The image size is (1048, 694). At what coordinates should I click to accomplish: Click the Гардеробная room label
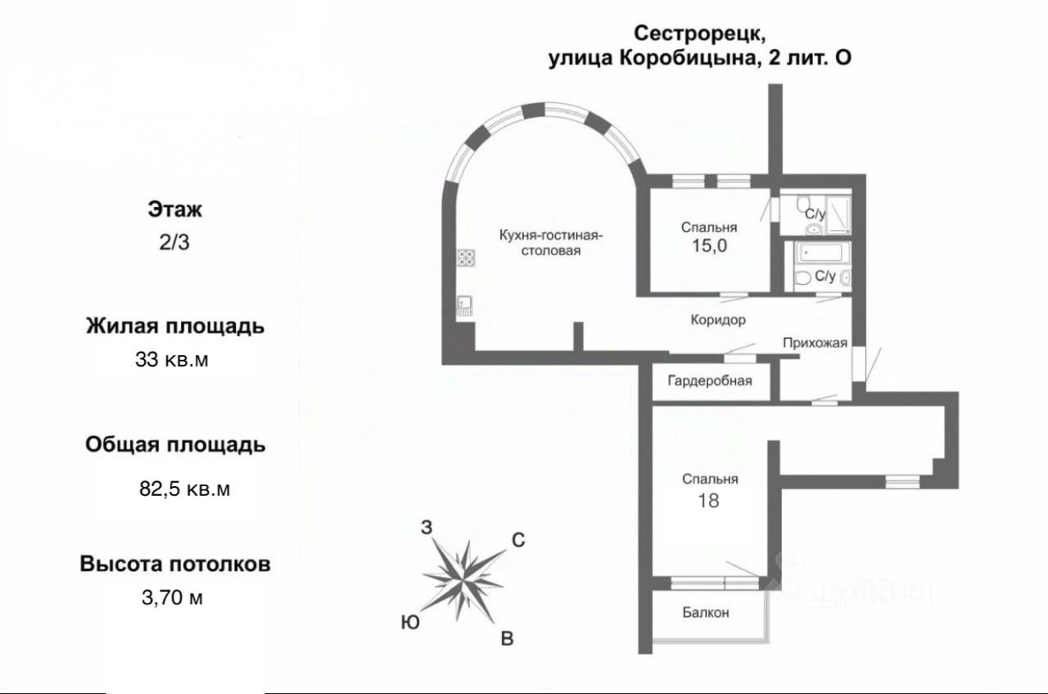(709, 381)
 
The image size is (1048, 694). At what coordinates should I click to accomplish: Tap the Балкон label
(705, 612)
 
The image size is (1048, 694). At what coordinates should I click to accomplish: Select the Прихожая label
(814, 343)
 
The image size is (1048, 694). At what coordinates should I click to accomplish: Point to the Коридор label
(717, 320)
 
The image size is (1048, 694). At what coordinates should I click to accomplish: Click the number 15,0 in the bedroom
(709, 246)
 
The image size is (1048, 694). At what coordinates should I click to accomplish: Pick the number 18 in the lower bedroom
(708, 500)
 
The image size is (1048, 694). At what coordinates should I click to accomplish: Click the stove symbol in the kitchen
(466, 259)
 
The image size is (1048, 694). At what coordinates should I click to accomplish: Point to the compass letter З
(426, 527)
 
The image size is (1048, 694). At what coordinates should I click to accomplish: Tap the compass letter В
(507, 639)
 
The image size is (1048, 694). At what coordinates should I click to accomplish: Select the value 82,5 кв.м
(184, 489)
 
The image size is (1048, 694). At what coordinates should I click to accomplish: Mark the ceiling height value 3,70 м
(173, 597)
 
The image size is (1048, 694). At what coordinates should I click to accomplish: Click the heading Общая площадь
(175, 445)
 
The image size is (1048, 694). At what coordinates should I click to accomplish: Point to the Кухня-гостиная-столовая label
(552, 243)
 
